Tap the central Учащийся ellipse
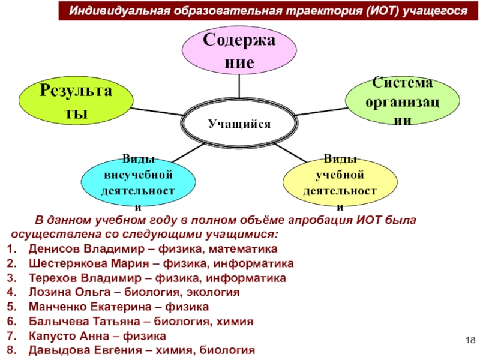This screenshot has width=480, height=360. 239,124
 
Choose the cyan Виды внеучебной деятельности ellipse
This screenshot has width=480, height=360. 139,181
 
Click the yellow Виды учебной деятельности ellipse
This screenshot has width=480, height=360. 340,181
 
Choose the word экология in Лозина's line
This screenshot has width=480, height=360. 216,292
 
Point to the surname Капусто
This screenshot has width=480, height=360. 51,336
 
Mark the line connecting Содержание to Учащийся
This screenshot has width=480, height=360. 239,87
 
